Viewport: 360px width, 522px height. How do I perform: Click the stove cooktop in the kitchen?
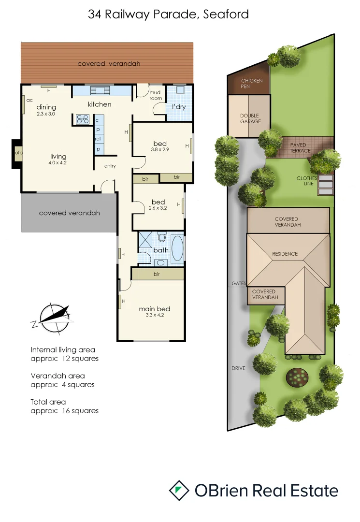click(82, 119)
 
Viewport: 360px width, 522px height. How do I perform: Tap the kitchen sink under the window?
click(101, 90)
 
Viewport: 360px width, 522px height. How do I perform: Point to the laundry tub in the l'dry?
click(181, 90)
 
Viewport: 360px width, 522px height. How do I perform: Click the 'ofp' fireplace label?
click(18, 154)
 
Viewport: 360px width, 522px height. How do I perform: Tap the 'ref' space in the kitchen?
click(98, 139)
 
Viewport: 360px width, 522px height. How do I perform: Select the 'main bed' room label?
click(154, 309)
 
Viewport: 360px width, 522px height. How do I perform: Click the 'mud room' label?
click(155, 95)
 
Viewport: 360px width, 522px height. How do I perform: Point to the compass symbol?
click(53, 319)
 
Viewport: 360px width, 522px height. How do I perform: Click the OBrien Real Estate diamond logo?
click(179, 491)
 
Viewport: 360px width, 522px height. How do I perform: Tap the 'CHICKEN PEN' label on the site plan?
click(251, 84)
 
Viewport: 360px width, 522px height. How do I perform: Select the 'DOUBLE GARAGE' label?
click(250, 118)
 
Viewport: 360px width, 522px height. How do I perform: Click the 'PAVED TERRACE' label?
click(300, 147)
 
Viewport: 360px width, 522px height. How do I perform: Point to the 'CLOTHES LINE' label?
click(307, 181)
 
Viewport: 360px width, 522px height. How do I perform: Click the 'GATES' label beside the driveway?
click(239, 283)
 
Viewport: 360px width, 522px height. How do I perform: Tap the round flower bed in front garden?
click(297, 377)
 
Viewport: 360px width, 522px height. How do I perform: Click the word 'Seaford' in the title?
click(226, 14)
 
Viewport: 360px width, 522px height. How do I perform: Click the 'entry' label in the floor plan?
click(110, 166)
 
